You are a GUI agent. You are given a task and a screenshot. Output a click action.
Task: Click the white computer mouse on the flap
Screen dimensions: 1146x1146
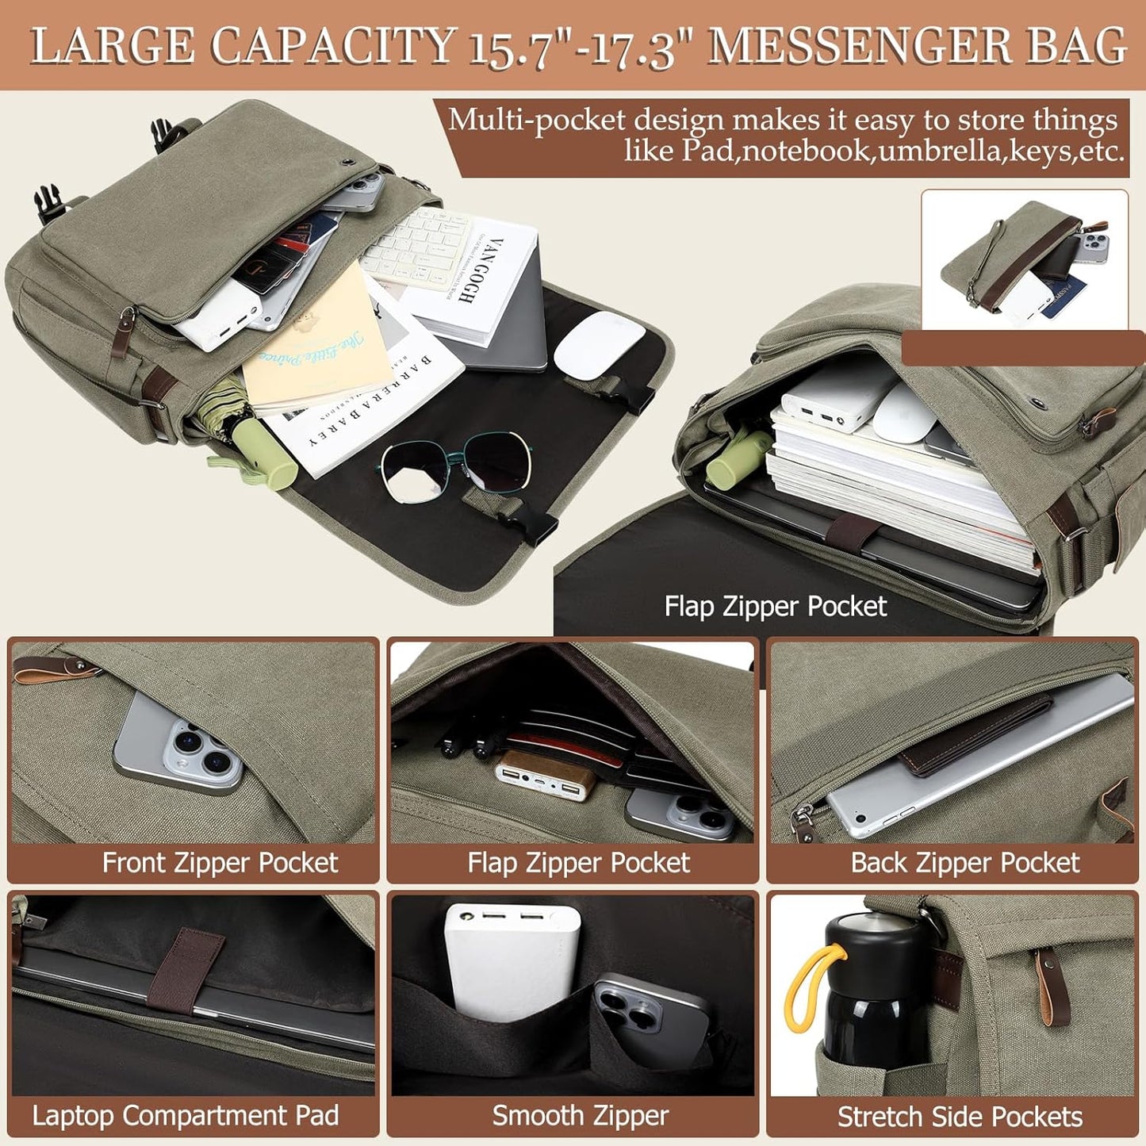599,343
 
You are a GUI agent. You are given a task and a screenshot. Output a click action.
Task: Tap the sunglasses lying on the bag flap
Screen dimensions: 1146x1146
456,468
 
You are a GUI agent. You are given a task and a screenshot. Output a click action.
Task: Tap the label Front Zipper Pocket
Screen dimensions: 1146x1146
220,863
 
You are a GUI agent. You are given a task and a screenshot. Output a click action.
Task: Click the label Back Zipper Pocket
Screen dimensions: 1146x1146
964,863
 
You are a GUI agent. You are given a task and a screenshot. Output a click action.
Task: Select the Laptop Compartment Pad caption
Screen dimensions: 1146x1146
185,1116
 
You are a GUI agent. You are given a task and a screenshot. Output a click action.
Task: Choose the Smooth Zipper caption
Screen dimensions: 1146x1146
580,1116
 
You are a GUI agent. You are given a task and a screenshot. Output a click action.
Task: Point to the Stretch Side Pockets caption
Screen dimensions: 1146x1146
960,1117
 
